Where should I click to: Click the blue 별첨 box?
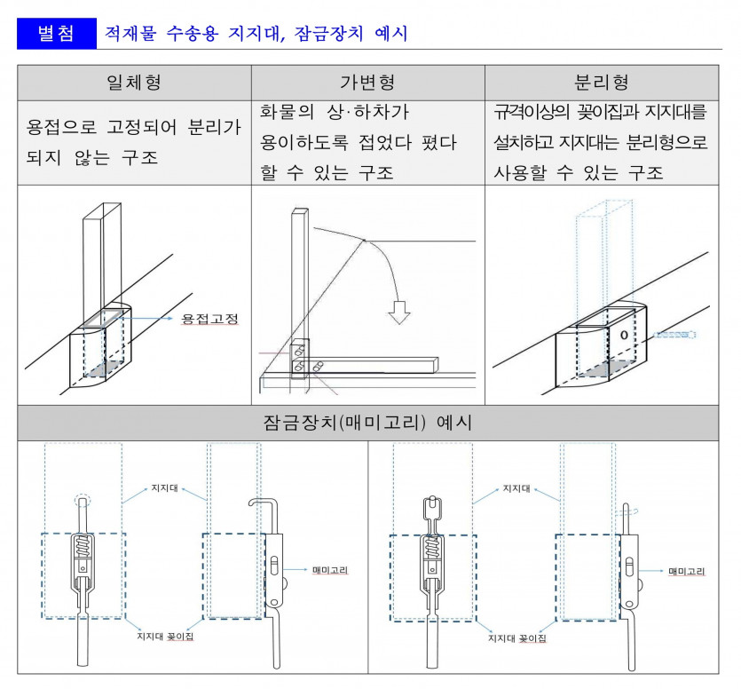point(57,34)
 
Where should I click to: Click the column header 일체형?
point(134,83)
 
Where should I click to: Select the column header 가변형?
point(367,83)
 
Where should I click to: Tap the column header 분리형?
point(602,83)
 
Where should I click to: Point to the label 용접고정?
point(210,318)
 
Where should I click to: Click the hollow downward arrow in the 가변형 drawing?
point(399,313)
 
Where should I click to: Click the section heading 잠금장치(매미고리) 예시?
point(367,423)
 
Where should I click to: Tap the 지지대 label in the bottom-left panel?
point(164,488)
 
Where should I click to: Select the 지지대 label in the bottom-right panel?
point(516,488)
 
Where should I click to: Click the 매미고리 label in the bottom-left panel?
point(330,570)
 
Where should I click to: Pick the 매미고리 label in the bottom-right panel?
point(687,571)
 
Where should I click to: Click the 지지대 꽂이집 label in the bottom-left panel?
point(165,636)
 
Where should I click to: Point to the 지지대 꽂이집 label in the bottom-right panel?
point(517,638)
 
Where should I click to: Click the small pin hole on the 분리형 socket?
point(624,335)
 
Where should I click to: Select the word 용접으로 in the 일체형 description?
point(61,127)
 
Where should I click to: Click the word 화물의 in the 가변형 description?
point(287,112)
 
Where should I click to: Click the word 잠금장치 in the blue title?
point(329,34)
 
